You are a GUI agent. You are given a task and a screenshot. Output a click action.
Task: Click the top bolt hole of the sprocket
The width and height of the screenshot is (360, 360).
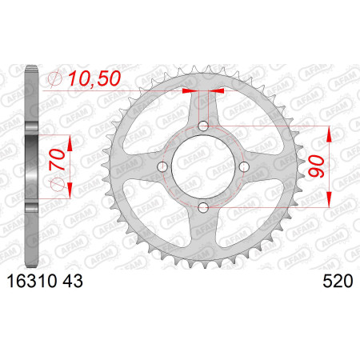coord(203,126)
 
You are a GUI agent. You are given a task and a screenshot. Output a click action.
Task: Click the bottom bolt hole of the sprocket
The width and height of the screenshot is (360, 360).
coord(203,207)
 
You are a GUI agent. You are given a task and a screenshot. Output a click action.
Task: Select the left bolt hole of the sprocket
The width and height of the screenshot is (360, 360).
coord(162,167)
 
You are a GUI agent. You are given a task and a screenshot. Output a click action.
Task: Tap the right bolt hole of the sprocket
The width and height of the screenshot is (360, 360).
coord(244,167)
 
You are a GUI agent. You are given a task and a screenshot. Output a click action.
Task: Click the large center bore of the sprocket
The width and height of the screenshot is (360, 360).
coord(203,167)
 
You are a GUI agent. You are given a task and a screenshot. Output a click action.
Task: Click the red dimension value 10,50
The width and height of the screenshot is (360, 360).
coord(94,79)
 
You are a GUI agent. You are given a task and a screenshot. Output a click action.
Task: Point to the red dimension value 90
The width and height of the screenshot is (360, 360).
coord(316,166)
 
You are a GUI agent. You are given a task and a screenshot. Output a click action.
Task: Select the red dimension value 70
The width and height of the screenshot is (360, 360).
coord(57,160)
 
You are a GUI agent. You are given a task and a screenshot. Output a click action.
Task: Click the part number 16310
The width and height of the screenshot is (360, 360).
coord(32,282)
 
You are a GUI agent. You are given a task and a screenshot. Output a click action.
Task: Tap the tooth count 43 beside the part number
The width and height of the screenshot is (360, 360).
coord(73,282)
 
